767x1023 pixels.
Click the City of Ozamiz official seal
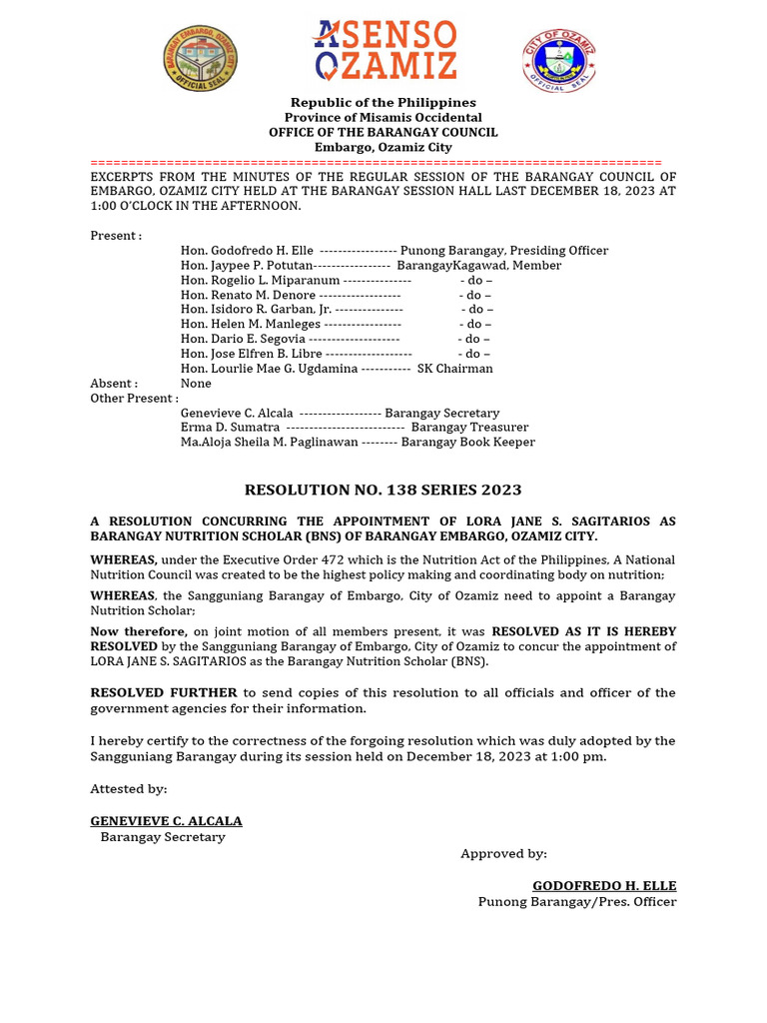[x=559, y=60]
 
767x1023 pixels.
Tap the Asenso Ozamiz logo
[x=384, y=50]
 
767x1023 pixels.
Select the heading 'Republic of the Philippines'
[x=383, y=103]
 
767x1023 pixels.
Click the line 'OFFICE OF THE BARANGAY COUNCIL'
[x=383, y=132]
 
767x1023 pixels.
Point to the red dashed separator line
[x=376, y=162]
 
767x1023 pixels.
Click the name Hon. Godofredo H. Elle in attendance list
[x=247, y=251]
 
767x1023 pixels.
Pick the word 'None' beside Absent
[x=196, y=383]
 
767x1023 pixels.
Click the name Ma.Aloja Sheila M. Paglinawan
[x=269, y=442]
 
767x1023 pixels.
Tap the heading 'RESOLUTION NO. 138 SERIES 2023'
[x=383, y=490]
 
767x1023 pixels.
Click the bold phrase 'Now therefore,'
[x=138, y=631]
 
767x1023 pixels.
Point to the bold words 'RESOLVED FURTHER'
[x=164, y=692]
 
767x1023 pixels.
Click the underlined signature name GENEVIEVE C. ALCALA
[x=166, y=821]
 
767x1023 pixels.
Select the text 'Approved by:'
[x=503, y=853]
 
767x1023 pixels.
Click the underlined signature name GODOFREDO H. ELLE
[x=604, y=886]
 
